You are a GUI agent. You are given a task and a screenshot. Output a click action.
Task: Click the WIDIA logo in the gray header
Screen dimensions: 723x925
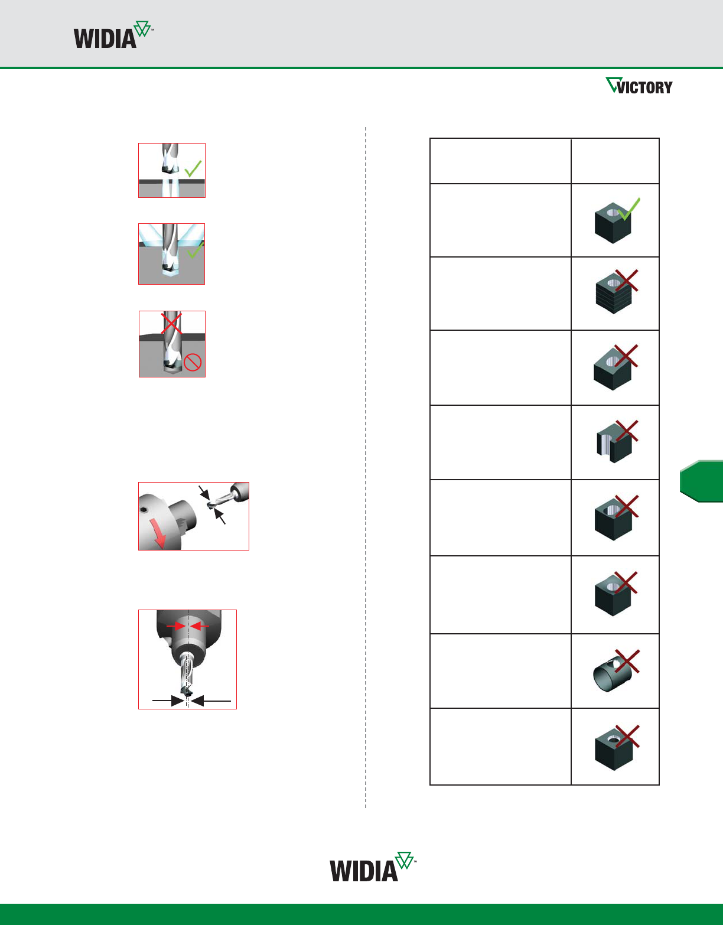pyautogui.click(x=113, y=34)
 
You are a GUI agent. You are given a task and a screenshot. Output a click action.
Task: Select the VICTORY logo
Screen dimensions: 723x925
pyautogui.click(x=639, y=86)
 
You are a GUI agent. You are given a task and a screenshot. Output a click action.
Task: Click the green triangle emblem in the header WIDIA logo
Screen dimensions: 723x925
pyautogui.click(x=142, y=28)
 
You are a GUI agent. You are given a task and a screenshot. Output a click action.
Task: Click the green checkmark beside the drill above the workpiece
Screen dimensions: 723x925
pyautogui.click(x=193, y=168)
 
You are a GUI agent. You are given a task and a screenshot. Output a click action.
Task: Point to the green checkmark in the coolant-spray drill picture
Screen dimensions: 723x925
pyautogui.click(x=196, y=249)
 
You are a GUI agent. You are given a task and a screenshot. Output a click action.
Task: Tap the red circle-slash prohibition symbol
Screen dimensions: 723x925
pyautogui.click(x=193, y=362)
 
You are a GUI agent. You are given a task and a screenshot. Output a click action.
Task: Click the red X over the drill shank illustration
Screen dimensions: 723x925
pyautogui.click(x=171, y=324)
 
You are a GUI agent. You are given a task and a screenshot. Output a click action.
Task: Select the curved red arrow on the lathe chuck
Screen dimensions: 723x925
pyautogui.click(x=158, y=532)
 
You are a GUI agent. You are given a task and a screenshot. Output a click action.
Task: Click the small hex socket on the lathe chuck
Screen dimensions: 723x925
pyautogui.click(x=145, y=510)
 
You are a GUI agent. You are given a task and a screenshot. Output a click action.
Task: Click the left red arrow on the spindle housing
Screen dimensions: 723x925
pyautogui.click(x=175, y=626)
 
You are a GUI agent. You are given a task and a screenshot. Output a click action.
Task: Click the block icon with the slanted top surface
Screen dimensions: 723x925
pyautogui.click(x=613, y=370)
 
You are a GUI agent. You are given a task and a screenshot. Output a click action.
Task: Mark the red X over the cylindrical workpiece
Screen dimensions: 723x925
pyautogui.click(x=627, y=661)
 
